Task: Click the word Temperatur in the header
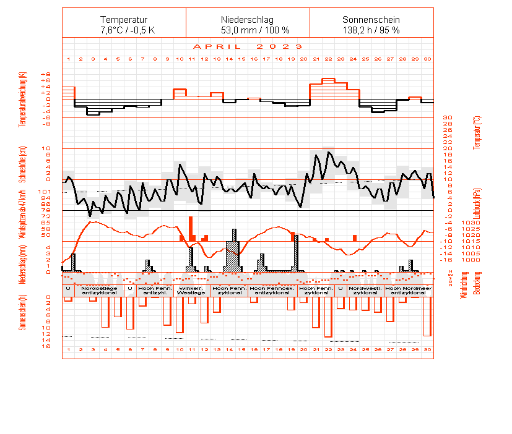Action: click(x=124, y=20)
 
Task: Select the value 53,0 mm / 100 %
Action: click(x=248, y=30)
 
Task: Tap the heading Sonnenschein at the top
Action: click(x=371, y=20)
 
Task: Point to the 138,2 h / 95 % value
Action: click(x=371, y=30)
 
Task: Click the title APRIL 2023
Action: click(x=248, y=46)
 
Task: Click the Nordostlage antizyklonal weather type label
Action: click(x=99, y=290)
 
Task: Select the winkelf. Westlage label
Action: click(x=191, y=290)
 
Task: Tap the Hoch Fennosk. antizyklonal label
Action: click(x=272, y=290)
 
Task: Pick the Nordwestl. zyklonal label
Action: click(x=365, y=290)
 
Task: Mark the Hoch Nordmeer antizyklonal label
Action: click(x=408, y=290)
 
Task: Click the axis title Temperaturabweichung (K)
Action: click(x=22, y=99)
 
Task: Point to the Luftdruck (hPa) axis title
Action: click(x=477, y=204)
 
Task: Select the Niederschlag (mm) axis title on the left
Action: click(x=22, y=263)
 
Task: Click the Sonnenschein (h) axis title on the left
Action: click(x=22, y=312)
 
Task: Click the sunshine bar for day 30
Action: click(x=427, y=317)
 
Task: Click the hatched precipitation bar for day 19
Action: click(x=297, y=253)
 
